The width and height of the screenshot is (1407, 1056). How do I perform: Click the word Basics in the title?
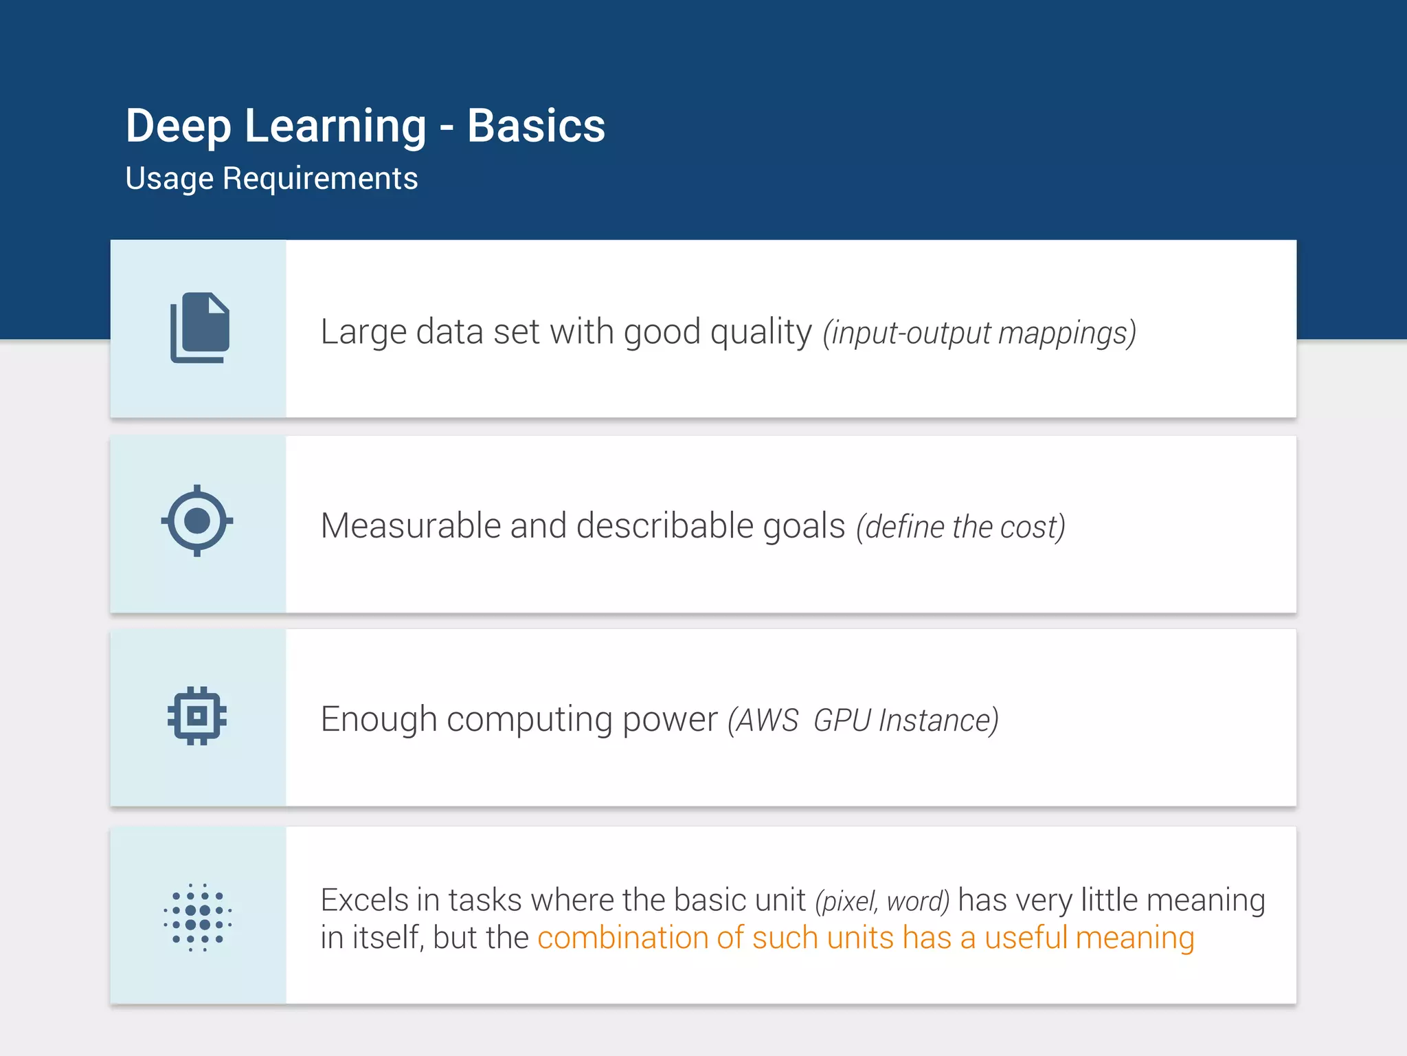point(536,126)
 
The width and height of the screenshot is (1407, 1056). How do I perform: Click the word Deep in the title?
point(178,126)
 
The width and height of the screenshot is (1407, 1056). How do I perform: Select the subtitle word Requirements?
point(319,179)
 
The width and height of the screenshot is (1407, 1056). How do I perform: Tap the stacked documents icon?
point(199,328)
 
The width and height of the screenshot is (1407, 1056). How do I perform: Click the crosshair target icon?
point(197,520)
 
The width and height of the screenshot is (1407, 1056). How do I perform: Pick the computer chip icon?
point(197,716)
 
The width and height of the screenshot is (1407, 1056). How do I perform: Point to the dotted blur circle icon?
point(197,917)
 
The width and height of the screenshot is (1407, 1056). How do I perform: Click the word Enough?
point(379,720)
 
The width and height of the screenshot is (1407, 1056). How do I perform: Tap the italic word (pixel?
point(846,901)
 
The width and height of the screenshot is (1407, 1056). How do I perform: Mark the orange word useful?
point(1026,938)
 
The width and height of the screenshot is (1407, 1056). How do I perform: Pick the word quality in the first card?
point(761,333)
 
